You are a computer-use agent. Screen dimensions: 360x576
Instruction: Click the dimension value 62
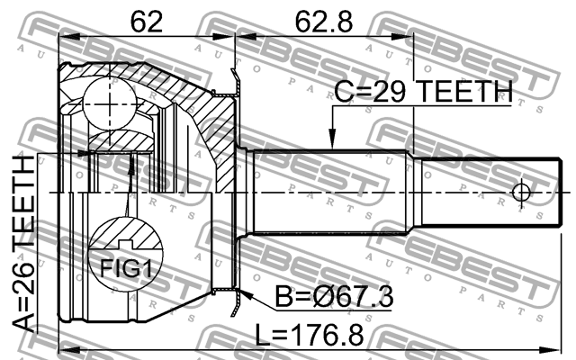(x=146, y=21)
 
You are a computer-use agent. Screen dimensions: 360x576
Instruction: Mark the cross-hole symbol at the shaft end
(x=521, y=193)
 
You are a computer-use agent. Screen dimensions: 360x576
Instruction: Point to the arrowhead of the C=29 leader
(x=332, y=143)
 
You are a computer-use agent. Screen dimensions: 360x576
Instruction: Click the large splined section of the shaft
(x=333, y=193)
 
